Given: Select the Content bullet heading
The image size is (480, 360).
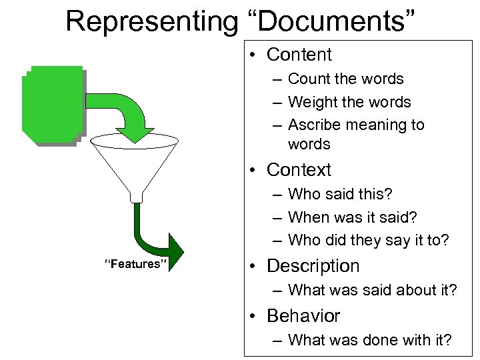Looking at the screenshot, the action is click(x=299, y=55).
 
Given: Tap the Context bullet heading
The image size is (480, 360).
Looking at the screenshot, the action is click(x=299, y=170).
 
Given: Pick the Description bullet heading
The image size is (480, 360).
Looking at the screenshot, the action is click(x=313, y=265).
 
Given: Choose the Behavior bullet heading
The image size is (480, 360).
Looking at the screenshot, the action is click(x=303, y=315).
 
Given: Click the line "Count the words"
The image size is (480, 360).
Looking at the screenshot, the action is click(x=345, y=79).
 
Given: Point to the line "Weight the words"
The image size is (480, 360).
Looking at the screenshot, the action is click(x=349, y=102).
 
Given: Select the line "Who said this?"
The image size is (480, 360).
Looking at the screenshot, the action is click(x=340, y=194).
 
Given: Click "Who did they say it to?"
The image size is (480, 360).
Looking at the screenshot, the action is click(x=369, y=240).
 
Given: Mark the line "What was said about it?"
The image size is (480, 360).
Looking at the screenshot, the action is click(x=372, y=290).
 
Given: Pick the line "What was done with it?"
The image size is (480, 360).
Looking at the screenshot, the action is click(x=369, y=340).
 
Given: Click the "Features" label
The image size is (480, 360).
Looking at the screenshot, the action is click(x=133, y=264).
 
